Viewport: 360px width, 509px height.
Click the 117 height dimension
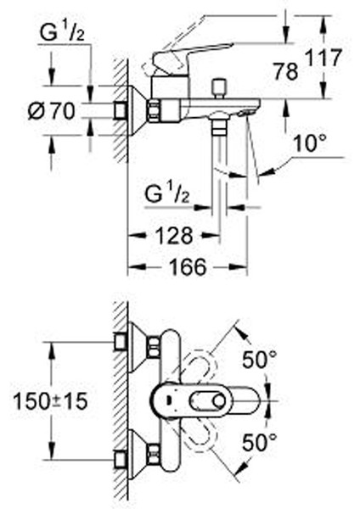[323, 58]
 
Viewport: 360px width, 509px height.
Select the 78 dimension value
[285, 71]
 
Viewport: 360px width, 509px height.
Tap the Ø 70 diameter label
[51, 111]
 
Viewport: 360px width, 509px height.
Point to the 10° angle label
[309, 143]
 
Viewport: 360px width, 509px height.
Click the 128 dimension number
[174, 236]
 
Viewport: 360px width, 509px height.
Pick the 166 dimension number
[188, 267]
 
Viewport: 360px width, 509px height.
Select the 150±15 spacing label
[50, 400]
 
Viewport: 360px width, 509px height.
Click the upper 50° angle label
[260, 359]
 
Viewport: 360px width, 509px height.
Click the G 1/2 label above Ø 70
[62, 32]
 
